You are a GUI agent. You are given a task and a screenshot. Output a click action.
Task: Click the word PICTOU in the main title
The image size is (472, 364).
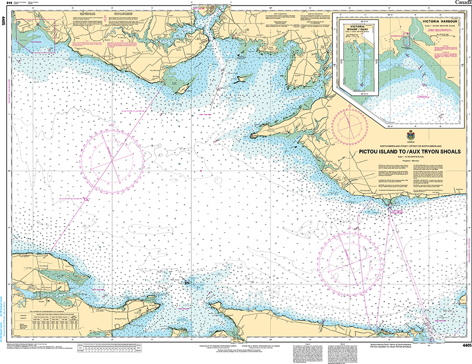(x=371, y=151)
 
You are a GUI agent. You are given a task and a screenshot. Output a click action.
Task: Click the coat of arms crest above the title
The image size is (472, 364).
(x=411, y=136)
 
